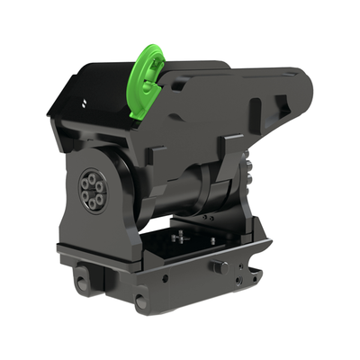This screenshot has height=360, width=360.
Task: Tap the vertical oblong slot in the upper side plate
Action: click(x=256, y=115)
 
